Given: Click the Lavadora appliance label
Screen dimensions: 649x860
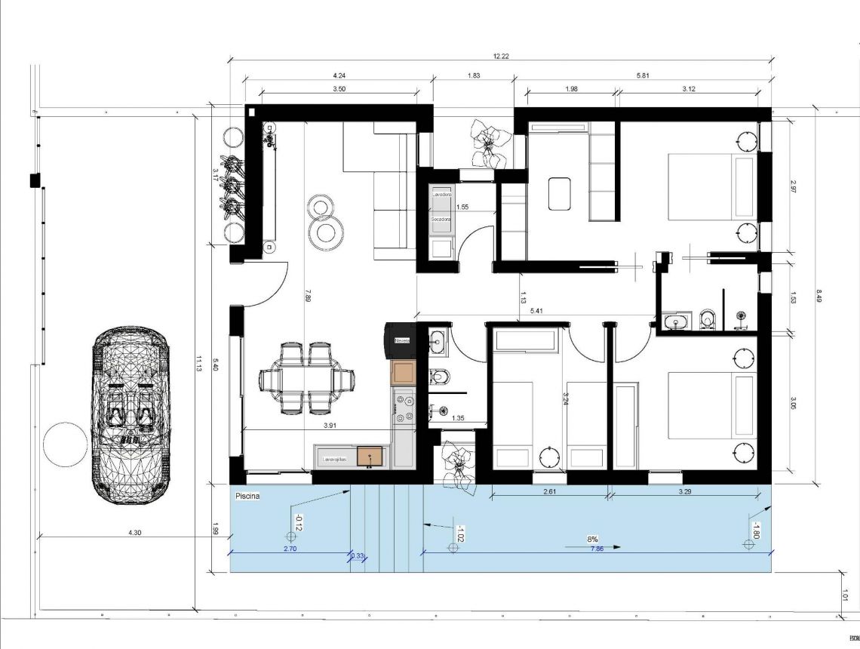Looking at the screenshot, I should (441, 194).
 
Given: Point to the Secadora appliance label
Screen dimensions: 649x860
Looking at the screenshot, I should (441, 219).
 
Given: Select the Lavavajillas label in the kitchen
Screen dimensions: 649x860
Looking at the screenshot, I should (334, 457).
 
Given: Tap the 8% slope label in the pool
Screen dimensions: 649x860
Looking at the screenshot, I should (592, 539).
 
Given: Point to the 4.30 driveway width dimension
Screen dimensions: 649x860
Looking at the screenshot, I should (134, 533).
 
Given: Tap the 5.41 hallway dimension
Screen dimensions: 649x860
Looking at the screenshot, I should (536, 310).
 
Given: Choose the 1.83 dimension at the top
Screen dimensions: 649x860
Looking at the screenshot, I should (474, 75).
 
